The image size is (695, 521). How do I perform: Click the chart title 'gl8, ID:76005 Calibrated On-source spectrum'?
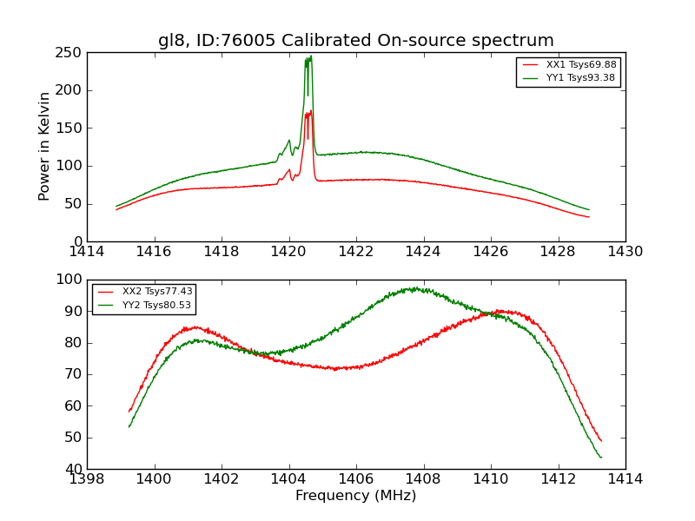tap(355, 41)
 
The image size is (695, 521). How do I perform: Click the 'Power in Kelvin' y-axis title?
tap(45, 146)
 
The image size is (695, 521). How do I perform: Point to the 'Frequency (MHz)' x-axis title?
tap(355, 496)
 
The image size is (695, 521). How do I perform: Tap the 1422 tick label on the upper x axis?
tap(356, 252)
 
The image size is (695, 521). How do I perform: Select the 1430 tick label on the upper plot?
tap(625, 252)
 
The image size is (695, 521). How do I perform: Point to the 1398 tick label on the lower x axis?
tap(87, 479)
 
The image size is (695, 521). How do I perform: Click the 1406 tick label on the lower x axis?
tap(356, 479)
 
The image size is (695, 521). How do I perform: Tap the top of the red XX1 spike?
tap(310, 111)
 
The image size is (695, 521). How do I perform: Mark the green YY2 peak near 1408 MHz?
tap(415, 288)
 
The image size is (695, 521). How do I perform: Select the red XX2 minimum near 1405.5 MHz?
tap(336, 369)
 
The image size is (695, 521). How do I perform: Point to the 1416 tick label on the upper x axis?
tap(155, 252)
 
